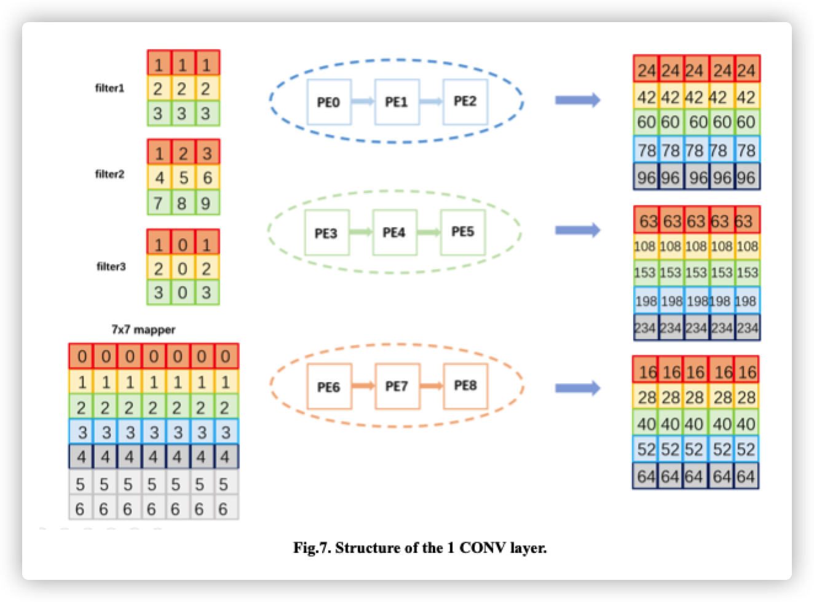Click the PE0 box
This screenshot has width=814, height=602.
(x=328, y=102)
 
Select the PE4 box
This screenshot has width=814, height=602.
(x=395, y=233)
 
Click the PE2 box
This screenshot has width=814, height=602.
(x=465, y=101)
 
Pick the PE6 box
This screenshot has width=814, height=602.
(x=329, y=387)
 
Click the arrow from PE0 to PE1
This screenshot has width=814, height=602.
(x=363, y=102)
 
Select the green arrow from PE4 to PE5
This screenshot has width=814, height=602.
(x=429, y=233)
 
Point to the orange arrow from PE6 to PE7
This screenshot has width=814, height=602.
(x=363, y=386)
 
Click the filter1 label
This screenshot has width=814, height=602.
(x=109, y=88)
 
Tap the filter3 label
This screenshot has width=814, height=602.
(x=111, y=267)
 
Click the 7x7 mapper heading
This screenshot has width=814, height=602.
(x=143, y=330)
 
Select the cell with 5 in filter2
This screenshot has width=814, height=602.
(x=183, y=178)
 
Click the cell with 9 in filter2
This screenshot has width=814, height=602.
(x=207, y=203)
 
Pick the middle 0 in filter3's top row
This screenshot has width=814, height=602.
(x=183, y=245)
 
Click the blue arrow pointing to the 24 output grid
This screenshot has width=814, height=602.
(x=577, y=100)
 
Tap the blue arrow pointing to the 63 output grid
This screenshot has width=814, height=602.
(x=577, y=230)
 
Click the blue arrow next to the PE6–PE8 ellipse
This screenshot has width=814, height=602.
(x=577, y=388)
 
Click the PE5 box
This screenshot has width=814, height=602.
(x=462, y=232)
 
